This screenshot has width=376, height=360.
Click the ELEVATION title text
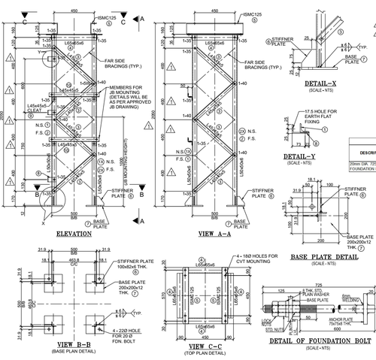point(74,234)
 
